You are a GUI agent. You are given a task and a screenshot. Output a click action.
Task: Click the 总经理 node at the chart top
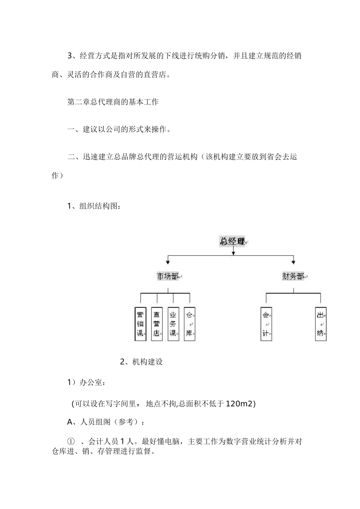[x=232, y=241]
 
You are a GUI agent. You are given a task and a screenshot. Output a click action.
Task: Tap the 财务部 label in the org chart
[x=293, y=276]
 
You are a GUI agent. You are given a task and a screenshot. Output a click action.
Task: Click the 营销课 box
[x=140, y=324]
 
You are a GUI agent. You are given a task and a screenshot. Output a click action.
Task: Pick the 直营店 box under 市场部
[x=157, y=324]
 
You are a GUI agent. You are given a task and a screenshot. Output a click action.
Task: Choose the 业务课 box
[x=173, y=324]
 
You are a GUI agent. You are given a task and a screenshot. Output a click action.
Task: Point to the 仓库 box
[x=189, y=324]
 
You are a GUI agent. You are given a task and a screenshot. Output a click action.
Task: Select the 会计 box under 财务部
[x=266, y=324]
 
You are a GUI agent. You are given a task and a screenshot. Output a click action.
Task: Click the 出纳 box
[x=321, y=324]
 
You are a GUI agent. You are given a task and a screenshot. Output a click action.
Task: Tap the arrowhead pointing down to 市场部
[x=168, y=262]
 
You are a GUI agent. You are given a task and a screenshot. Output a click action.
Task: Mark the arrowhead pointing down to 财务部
[x=293, y=262]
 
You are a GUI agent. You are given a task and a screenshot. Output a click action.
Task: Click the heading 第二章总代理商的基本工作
[x=113, y=102]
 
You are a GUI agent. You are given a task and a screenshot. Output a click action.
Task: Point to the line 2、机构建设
[x=141, y=362]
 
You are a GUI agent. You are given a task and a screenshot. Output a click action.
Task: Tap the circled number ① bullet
[x=71, y=442]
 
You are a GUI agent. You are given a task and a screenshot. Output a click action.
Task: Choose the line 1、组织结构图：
[x=94, y=206]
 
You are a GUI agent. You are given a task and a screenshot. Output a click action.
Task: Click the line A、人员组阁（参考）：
[x=106, y=422]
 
